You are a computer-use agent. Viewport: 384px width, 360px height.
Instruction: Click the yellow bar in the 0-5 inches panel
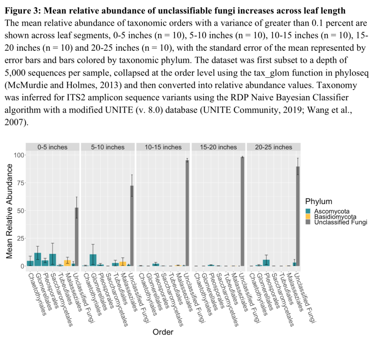[x=67, y=263]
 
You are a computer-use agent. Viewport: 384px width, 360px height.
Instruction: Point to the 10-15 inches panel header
[x=163, y=147]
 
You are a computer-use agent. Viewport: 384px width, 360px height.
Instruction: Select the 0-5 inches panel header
[x=52, y=147]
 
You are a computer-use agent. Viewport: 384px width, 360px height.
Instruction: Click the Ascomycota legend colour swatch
[x=309, y=211]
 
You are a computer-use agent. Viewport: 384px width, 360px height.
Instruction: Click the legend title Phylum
[x=318, y=201]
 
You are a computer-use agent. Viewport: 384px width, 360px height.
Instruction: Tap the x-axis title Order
[x=163, y=332]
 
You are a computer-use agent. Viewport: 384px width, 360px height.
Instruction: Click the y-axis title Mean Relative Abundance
[x=9, y=210]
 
